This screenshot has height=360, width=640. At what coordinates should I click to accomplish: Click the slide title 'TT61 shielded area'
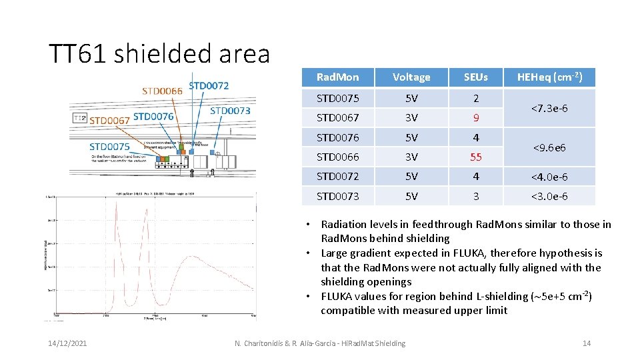click(159, 53)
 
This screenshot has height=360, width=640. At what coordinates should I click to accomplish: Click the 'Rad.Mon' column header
click(337, 77)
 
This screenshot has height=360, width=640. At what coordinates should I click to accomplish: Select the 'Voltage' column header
click(411, 77)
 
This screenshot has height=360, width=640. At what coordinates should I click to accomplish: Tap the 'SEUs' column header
click(475, 77)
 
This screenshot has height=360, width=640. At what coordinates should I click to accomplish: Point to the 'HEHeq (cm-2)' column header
click(550, 77)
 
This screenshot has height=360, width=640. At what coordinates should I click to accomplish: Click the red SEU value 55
click(475, 157)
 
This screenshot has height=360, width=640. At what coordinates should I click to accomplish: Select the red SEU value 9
click(475, 118)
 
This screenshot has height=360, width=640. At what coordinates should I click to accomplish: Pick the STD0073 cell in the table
click(337, 196)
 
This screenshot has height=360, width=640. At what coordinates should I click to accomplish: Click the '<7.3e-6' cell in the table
click(550, 108)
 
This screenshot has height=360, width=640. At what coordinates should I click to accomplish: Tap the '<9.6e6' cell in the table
click(550, 147)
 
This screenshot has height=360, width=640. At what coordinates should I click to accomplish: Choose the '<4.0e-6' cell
click(550, 177)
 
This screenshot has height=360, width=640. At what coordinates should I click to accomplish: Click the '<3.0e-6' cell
click(550, 196)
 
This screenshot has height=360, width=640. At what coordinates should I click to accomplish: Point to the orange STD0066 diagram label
click(162, 91)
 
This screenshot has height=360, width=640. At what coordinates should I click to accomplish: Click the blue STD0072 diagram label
click(209, 85)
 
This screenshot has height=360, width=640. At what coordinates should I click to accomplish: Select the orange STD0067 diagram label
click(109, 121)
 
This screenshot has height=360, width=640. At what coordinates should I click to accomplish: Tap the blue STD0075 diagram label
click(109, 147)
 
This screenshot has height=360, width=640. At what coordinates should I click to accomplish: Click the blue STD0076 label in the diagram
click(153, 117)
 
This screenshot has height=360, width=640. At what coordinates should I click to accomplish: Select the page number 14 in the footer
click(587, 343)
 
